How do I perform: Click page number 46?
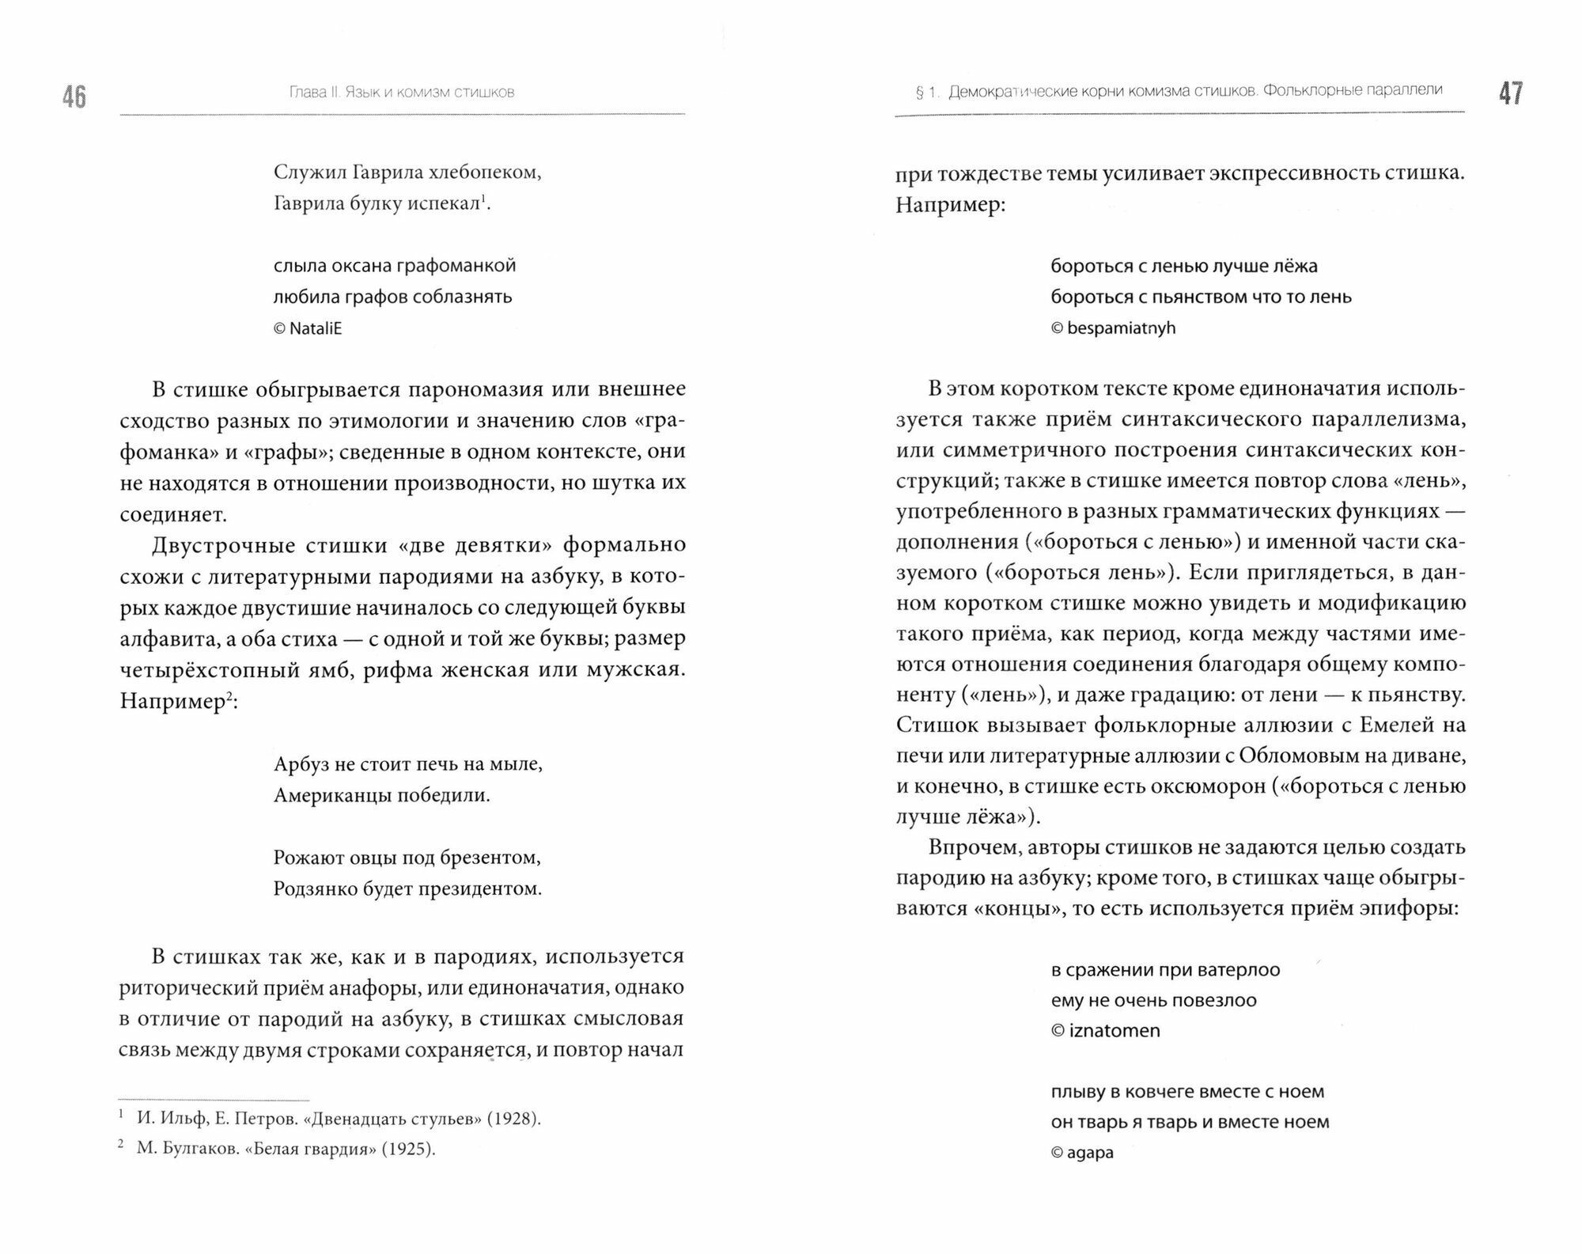pyautogui.click(x=74, y=97)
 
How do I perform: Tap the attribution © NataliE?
pyautogui.click(x=308, y=328)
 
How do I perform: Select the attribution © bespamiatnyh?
pyautogui.click(x=1113, y=328)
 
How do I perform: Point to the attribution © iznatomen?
pyautogui.click(x=1105, y=1031)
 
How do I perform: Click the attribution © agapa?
pyautogui.click(x=1082, y=1153)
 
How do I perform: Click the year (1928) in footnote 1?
pyautogui.click(x=513, y=1119)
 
